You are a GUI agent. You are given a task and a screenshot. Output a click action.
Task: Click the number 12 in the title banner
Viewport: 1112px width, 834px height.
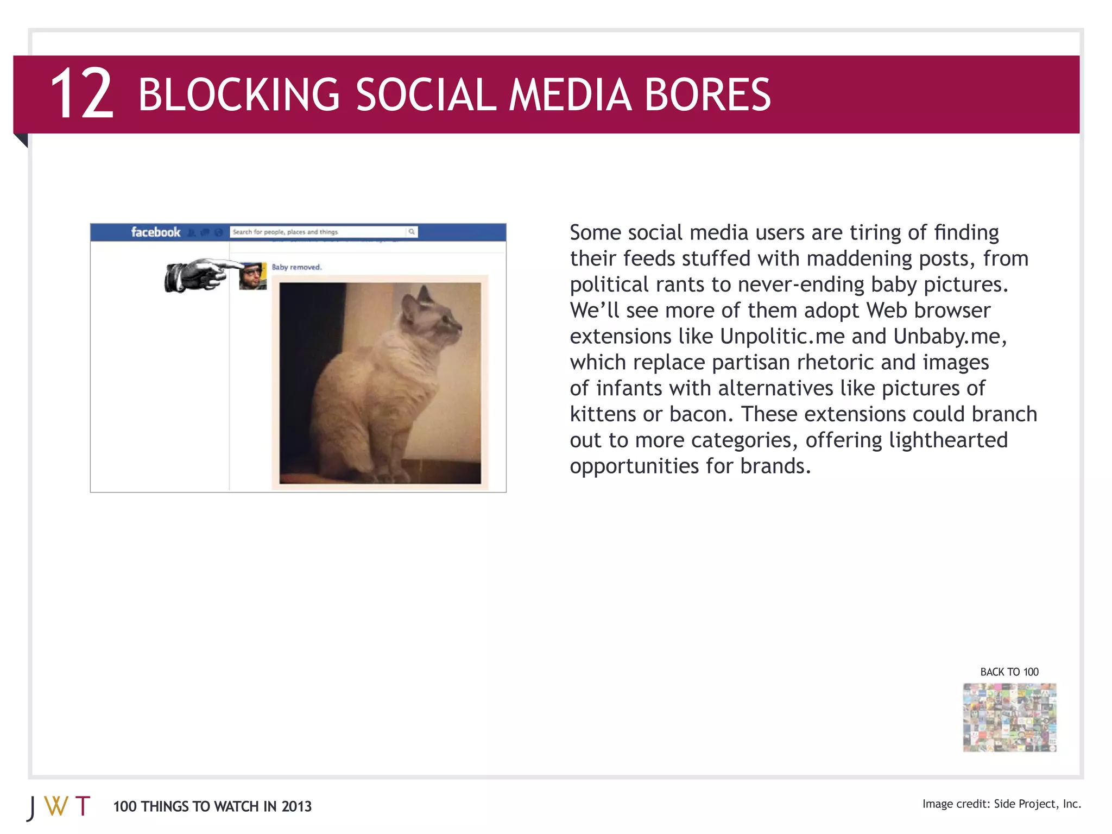(x=82, y=93)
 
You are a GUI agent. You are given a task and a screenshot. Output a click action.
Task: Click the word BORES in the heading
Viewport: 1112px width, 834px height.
(x=707, y=94)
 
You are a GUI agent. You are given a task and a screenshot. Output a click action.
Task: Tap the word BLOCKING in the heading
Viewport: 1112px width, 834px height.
(x=239, y=94)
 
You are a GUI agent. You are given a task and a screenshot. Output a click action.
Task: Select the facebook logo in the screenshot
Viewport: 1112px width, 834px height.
(x=155, y=232)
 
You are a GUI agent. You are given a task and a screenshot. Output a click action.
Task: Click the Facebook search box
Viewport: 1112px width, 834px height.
(x=318, y=232)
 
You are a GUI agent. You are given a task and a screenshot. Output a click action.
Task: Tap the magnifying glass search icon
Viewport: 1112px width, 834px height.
(x=412, y=232)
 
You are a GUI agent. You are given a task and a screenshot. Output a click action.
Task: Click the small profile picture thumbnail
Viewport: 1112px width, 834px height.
(x=253, y=276)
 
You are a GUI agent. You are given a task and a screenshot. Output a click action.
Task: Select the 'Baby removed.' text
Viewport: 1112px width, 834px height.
(x=296, y=267)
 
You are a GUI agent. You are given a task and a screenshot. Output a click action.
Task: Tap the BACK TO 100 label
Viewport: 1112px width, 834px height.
(x=1009, y=672)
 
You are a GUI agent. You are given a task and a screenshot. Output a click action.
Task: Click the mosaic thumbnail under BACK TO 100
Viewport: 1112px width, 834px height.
(x=1009, y=717)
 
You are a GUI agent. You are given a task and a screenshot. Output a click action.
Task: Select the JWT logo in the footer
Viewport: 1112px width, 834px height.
(x=59, y=807)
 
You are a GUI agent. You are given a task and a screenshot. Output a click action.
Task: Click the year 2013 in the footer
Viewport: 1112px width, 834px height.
(x=296, y=807)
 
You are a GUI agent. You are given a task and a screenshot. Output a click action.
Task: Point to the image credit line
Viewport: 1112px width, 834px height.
(x=1001, y=804)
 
